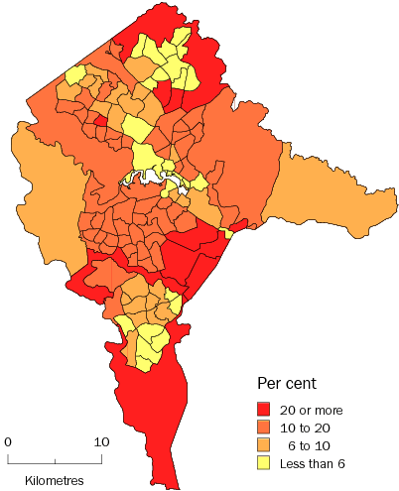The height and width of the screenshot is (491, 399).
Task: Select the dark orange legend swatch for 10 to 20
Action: point(266,428)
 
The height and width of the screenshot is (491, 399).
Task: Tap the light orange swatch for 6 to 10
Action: point(266,445)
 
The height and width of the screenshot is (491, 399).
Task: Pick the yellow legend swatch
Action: point(266,463)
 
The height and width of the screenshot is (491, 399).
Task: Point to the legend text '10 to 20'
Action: point(310,428)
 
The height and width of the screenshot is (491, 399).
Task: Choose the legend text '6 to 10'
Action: point(312,445)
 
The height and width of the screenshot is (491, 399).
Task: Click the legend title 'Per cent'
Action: point(287,383)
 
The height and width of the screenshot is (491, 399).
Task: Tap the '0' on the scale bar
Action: point(7,441)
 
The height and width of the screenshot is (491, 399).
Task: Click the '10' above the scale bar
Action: point(101,441)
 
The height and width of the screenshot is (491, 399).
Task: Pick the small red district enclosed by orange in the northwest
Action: point(100,122)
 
